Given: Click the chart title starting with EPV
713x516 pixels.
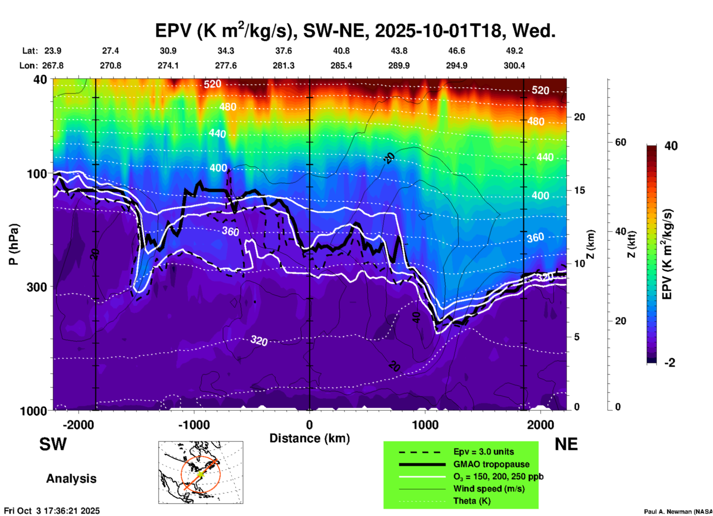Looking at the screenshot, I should pyautogui.click(x=355, y=30).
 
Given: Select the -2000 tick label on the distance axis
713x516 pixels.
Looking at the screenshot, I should pyautogui.click(x=78, y=425).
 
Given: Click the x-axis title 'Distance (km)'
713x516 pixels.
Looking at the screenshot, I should pyautogui.click(x=309, y=438).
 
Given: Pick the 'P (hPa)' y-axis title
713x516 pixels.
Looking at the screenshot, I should pyautogui.click(x=14, y=244).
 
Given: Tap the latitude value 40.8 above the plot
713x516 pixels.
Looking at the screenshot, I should pyautogui.click(x=341, y=51).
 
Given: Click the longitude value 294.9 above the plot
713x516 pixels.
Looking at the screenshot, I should pyautogui.click(x=456, y=66).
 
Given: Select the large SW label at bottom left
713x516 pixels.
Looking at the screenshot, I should pyautogui.click(x=53, y=444).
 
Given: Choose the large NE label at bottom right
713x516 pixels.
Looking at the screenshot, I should pyautogui.click(x=566, y=444).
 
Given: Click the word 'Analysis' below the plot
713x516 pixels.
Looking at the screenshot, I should pyautogui.click(x=71, y=479).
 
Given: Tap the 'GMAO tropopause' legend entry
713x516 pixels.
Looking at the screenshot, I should pyautogui.click(x=491, y=464).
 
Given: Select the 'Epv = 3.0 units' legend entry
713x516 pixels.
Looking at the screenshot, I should pyautogui.click(x=483, y=452).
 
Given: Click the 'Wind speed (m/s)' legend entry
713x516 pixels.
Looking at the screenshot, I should pyautogui.click(x=489, y=489).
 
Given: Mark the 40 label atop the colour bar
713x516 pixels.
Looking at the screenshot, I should pyautogui.click(x=671, y=146).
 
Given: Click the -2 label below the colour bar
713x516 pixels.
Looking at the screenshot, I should pyautogui.click(x=670, y=363).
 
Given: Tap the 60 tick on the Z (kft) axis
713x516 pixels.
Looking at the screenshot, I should pyautogui.click(x=620, y=143).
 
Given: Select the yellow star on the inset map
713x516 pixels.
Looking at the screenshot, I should pyautogui.click(x=200, y=474).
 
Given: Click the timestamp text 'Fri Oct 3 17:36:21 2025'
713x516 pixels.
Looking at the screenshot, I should pyautogui.click(x=52, y=511).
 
